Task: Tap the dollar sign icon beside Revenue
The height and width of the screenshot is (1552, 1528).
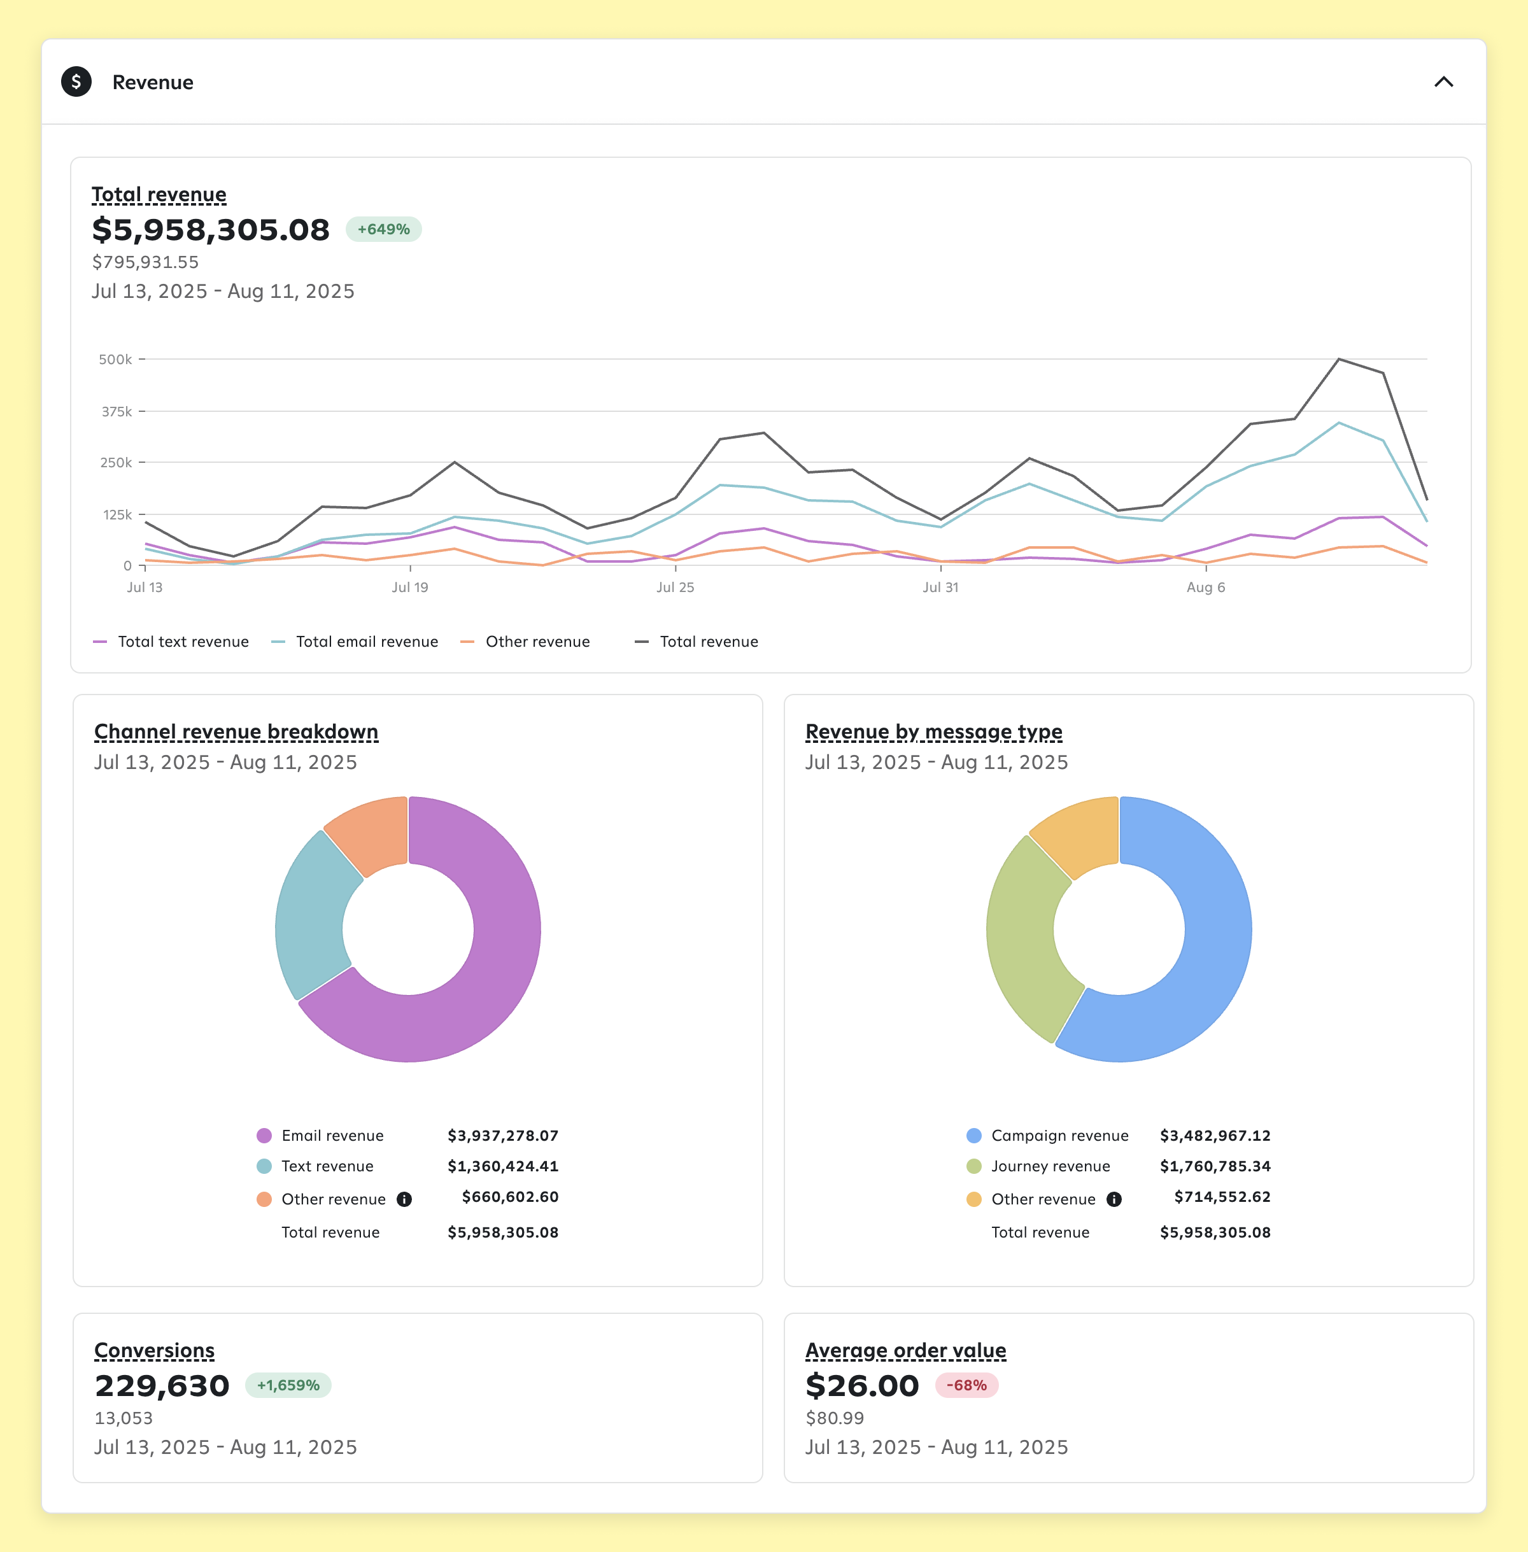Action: [76, 82]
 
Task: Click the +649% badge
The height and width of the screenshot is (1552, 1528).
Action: [384, 230]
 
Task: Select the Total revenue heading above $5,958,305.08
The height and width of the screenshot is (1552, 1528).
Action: [159, 195]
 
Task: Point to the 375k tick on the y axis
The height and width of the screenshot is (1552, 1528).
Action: [117, 412]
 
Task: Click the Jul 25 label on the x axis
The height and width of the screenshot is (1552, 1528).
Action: [675, 588]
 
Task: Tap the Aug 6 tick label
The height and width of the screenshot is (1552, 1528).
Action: [1205, 588]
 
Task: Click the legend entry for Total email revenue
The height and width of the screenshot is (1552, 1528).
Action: [366, 642]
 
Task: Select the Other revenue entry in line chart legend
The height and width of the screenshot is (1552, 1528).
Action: [537, 642]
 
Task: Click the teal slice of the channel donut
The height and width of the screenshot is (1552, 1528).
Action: [313, 915]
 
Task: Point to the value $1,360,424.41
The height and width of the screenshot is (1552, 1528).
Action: [502, 1167]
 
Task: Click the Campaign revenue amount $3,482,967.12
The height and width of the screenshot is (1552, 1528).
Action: [1214, 1136]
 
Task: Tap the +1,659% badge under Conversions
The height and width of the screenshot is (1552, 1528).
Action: [288, 1386]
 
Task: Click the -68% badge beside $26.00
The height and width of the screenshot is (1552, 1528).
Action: [966, 1386]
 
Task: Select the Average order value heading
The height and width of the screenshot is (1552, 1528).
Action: [905, 1351]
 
